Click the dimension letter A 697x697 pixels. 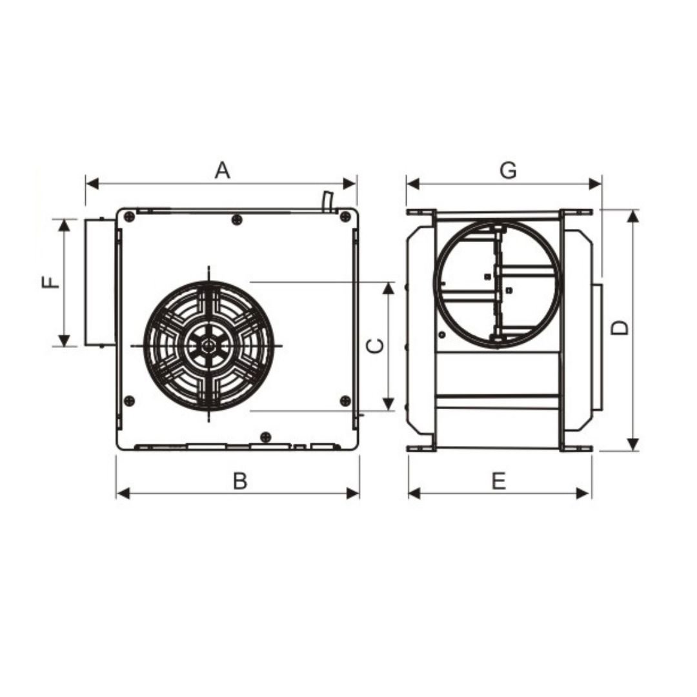222,170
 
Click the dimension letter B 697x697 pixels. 240,481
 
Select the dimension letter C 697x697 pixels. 376,346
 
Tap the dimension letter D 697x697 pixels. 619,328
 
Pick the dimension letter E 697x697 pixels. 499,481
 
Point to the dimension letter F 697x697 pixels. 50,282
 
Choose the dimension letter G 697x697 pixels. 508,170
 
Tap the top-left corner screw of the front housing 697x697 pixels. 129,217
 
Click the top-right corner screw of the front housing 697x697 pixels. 345,217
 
